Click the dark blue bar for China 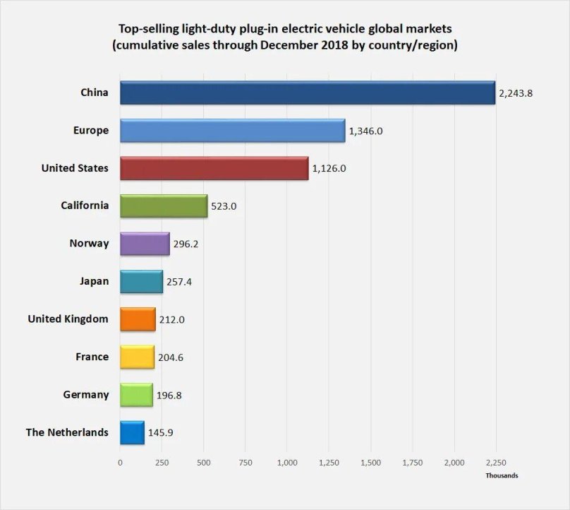click(308, 93)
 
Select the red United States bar click(214, 168)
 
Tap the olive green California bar click(164, 206)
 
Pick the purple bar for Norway click(145, 244)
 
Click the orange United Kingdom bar click(138, 319)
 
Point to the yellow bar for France click(137, 357)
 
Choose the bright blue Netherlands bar click(132, 432)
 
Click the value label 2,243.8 click(515, 93)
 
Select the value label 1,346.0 click(365, 131)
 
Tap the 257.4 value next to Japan click(179, 282)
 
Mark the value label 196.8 click(169, 395)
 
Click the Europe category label click(90, 130)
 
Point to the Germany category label click(85, 394)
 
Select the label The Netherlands click(67, 432)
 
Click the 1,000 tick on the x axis click(287, 463)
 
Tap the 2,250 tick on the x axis click(496, 463)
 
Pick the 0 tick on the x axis click(120, 463)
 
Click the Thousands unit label click(501, 475)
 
